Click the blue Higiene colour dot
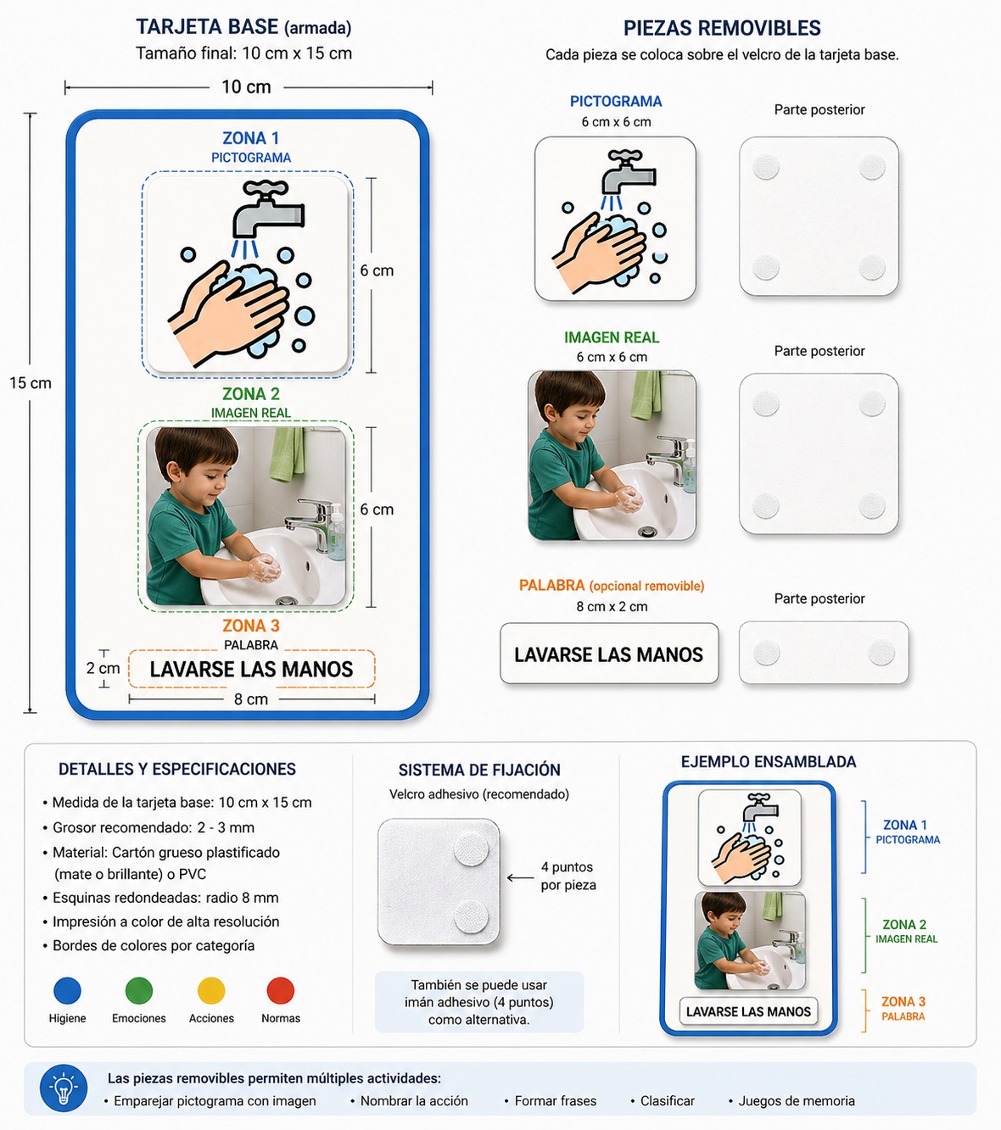[x=67, y=991]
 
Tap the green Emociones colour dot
[x=139, y=991]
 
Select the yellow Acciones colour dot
[x=211, y=991]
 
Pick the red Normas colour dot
[x=280, y=991]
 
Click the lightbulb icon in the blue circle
[x=64, y=1088]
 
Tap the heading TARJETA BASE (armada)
[x=243, y=27]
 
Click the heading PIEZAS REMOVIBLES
[x=722, y=28]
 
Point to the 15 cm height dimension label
[x=31, y=383]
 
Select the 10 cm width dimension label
[x=246, y=87]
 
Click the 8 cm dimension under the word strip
[x=250, y=699]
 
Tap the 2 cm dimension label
[x=103, y=668]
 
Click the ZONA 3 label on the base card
[x=250, y=626]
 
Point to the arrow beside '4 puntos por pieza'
[x=520, y=878]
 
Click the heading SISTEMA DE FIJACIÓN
[x=479, y=771]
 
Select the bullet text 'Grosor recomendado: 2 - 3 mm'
[x=153, y=827]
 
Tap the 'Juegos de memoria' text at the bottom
[x=797, y=1101]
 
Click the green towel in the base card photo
[x=287, y=454]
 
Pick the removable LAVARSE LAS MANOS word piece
[x=609, y=653]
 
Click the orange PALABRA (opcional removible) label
[x=612, y=586]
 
